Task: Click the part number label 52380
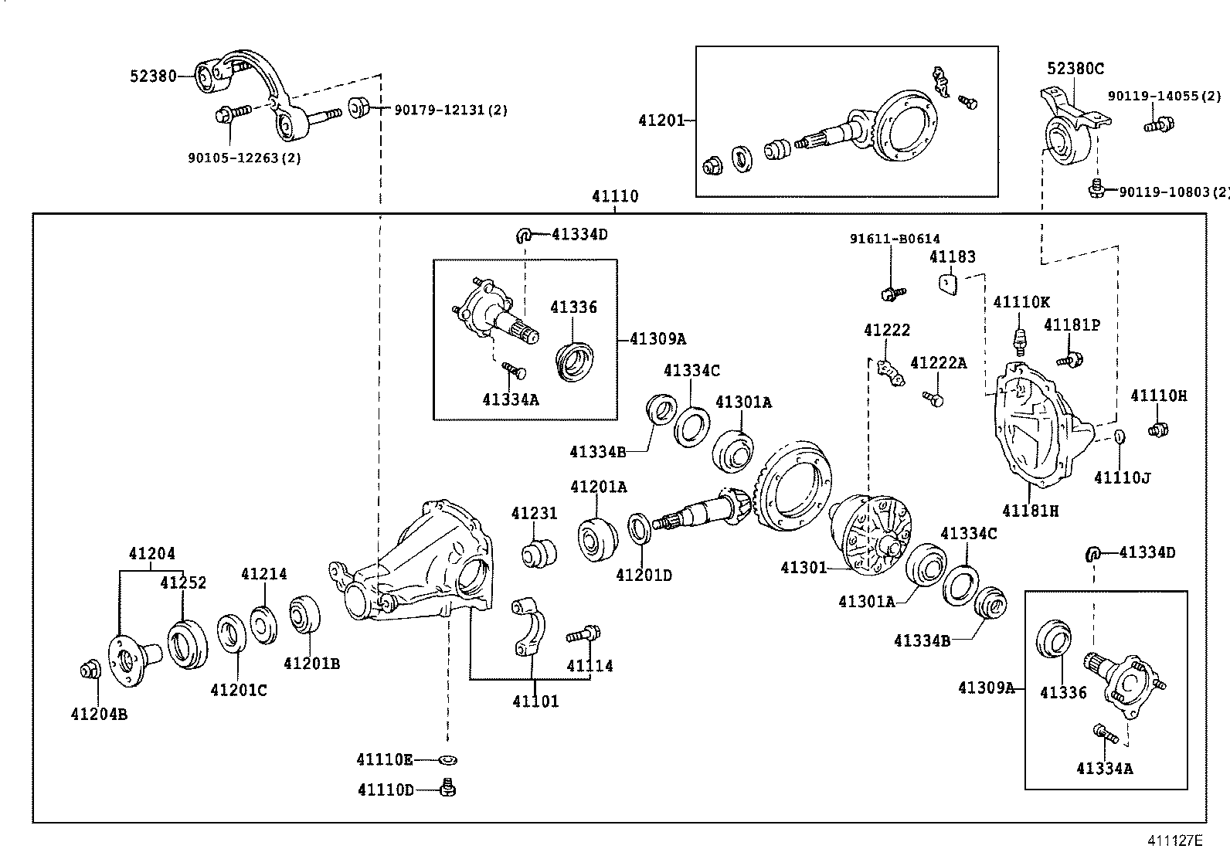[x=153, y=76]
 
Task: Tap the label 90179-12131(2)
[x=450, y=110]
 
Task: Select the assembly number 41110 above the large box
[x=615, y=196]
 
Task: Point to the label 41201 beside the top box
[x=661, y=121]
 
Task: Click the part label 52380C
[x=1075, y=69]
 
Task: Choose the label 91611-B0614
[x=895, y=239]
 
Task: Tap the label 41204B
[x=99, y=715]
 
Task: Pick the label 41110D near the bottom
[x=386, y=790]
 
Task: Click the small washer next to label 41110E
[x=447, y=760]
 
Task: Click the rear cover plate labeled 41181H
[x=1035, y=433]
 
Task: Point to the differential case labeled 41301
[x=873, y=533]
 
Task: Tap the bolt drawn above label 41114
[x=583, y=635]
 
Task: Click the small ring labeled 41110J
[x=1118, y=438]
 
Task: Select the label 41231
[x=534, y=514]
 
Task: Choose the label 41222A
[x=938, y=363]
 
